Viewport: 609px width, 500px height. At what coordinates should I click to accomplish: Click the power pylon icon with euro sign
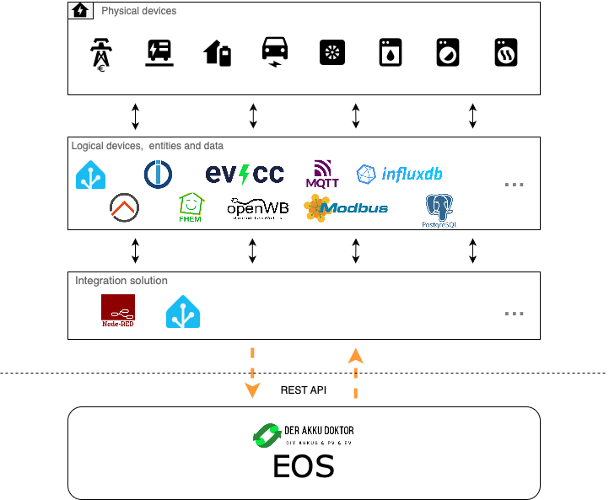[x=100, y=53]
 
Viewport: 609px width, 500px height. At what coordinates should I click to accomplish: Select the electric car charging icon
[x=275, y=51]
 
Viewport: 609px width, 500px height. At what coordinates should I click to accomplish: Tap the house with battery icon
[x=218, y=53]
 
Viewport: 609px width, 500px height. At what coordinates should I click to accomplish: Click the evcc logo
[x=245, y=175]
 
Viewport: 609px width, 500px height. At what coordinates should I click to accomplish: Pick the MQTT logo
[x=321, y=174]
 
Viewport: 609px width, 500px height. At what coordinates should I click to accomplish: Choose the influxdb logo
[x=399, y=175]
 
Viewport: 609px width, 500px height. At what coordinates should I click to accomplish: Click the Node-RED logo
[x=117, y=311]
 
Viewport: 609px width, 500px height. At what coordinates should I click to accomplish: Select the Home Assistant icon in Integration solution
[x=182, y=311]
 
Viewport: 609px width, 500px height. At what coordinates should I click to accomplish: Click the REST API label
[x=303, y=390]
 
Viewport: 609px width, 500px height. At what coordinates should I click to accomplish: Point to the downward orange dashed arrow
[x=251, y=372]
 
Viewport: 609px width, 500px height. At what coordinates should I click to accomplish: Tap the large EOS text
[x=303, y=466]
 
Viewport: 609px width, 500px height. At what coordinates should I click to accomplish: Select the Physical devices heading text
[x=139, y=11]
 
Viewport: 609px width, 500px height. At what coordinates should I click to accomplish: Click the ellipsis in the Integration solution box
[x=515, y=313]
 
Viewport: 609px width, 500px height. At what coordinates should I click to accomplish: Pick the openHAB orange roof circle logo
[x=125, y=207]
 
